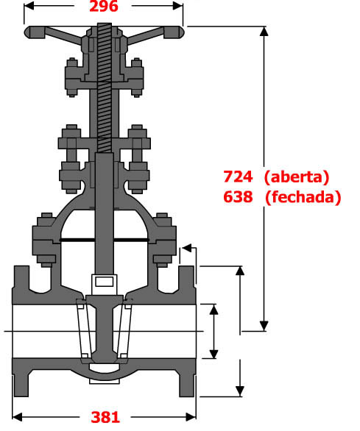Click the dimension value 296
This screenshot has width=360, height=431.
pyautogui.click(x=104, y=6)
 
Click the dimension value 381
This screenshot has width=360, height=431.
pyautogui.click(x=105, y=417)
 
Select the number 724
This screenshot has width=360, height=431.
pyautogui.click(x=238, y=177)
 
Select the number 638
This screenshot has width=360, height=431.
pyautogui.click(x=238, y=197)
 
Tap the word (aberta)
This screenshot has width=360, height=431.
pyautogui.click(x=297, y=177)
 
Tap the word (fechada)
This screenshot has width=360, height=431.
pyautogui.click(x=303, y=197)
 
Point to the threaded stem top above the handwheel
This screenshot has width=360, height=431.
pyautogui.click(x=105, y=27)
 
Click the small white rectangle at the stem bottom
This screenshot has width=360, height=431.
pyautogui.click(x=105, y=282)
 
